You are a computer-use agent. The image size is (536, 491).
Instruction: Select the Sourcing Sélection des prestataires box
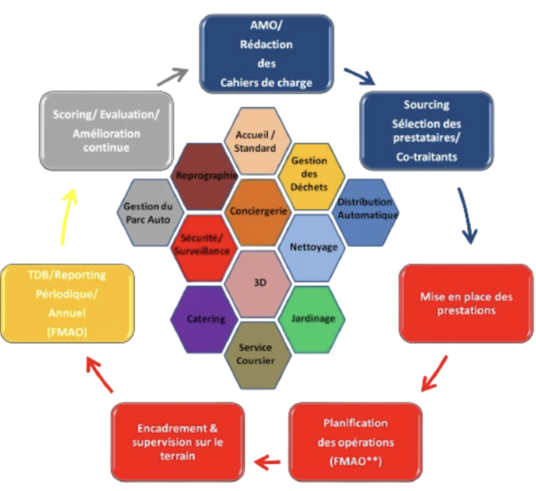pyautogui.click(x=426, y=129)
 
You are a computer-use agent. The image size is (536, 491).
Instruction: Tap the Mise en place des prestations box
pyautogui.click(x=465, y=304)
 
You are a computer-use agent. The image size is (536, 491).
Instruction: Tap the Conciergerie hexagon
pyautogui.click(x=258, y=212)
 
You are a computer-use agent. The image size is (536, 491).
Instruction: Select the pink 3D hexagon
pyautogui.click(x=258, y=283)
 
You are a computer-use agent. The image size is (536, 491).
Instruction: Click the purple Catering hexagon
pyautogui.click(x=205, y=318)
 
